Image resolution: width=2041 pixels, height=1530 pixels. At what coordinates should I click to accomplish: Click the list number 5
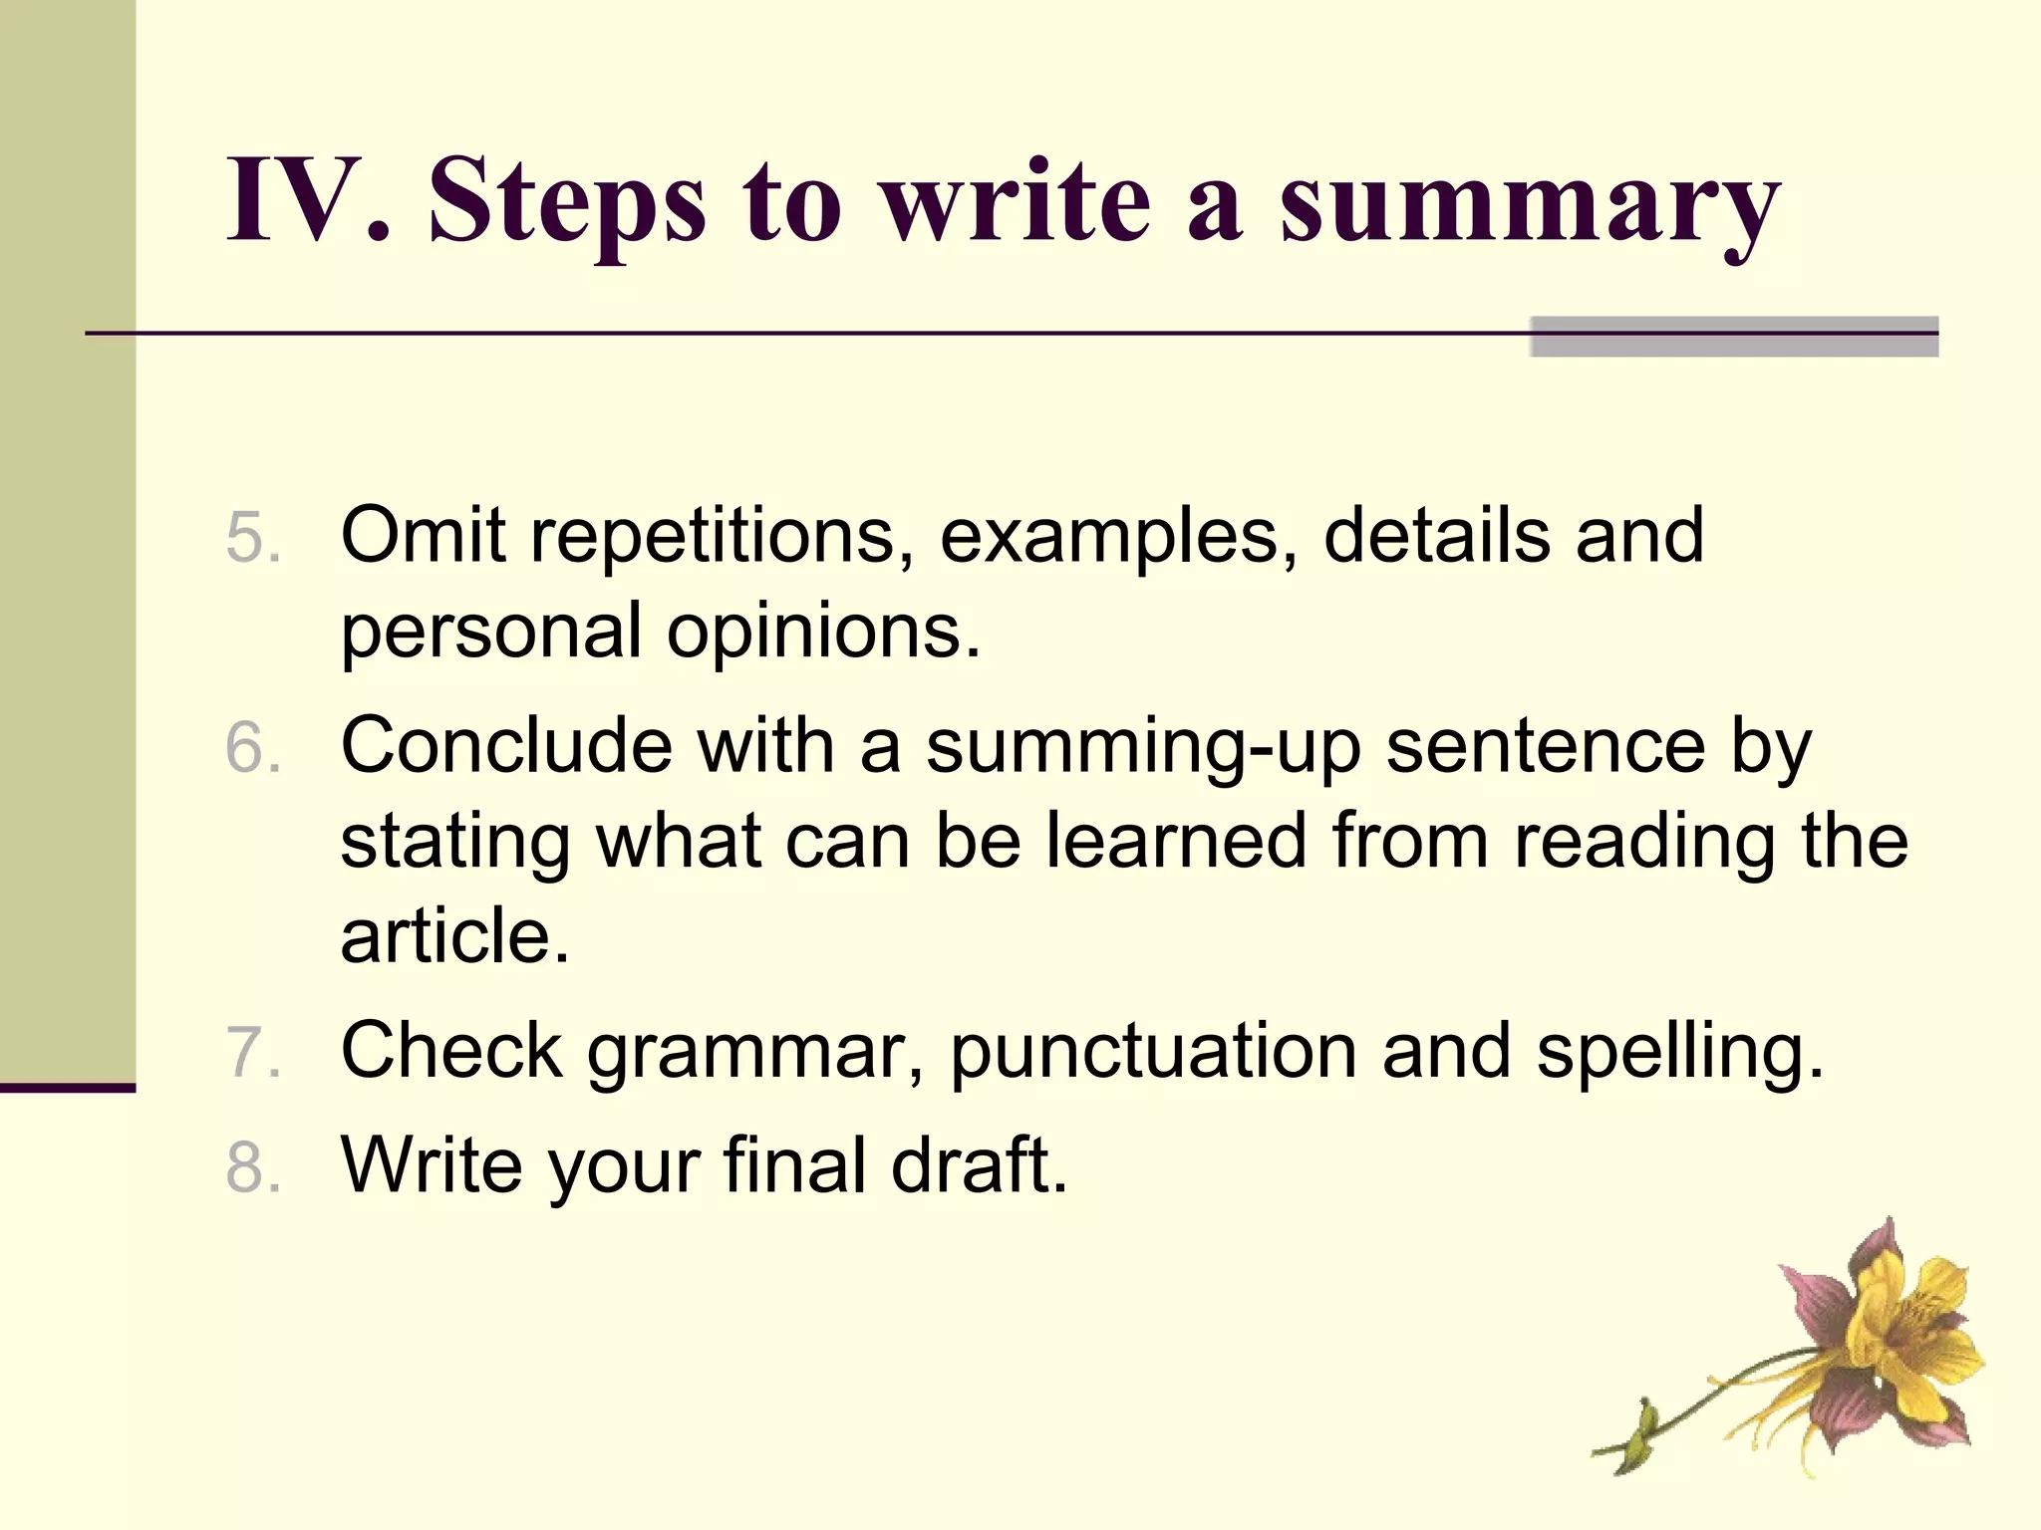(x=251, y=538)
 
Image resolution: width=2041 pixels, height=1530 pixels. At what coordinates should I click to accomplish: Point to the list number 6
(x=251, y=748)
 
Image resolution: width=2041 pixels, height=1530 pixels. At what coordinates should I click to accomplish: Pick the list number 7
(x=251, y=1053)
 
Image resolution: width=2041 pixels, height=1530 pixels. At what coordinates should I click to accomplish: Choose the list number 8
(x=251, y=1167)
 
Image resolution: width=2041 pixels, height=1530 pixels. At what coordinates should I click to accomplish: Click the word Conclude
(x=506, y=745)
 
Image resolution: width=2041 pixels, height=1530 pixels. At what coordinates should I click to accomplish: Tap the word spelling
(x=1679, y=1054)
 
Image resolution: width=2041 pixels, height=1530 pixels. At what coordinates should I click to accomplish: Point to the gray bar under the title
(x=1734, y=337)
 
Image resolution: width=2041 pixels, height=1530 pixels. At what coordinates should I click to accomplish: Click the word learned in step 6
(x=1176, y=841)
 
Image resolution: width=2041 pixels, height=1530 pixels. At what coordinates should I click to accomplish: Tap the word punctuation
(x=1153, y=1054)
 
